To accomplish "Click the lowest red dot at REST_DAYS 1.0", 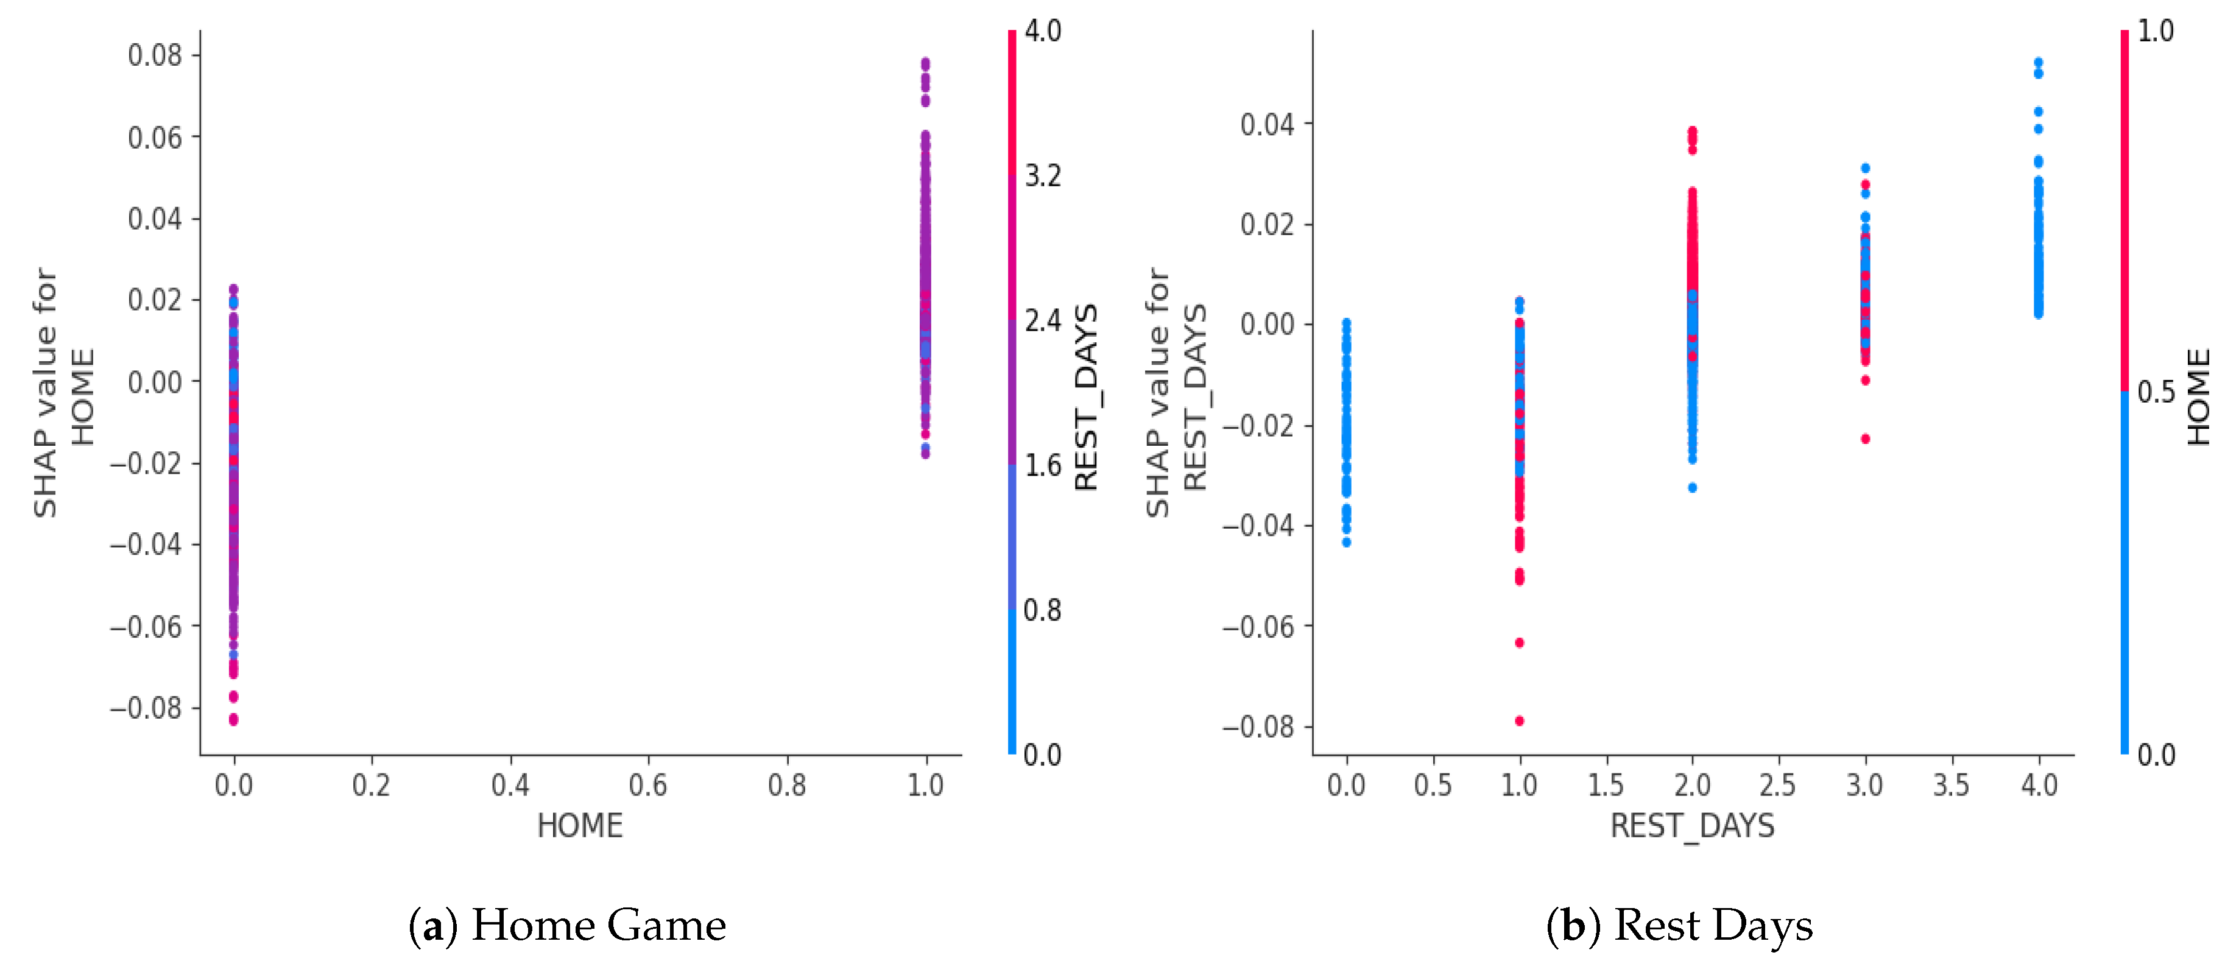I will [x=1519, y=720].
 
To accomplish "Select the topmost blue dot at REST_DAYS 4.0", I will [x=2039, y=62].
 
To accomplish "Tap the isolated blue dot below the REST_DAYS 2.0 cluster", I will [x=1692, y=487].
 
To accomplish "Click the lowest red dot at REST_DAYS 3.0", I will [x=1866, y=439].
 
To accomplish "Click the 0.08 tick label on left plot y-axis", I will [x=155, y=55].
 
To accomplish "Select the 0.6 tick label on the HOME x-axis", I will [x=648, y=785].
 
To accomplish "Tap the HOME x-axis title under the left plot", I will [x=580, y=826].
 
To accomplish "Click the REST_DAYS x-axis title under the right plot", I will [x=1692, y=826].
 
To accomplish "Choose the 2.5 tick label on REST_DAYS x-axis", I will [x=1777, y=785].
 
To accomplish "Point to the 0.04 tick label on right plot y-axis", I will [x=1267, y=124].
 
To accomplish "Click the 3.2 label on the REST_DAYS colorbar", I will [x=1043, y=176].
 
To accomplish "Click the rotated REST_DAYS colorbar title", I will [x=1086, y=397].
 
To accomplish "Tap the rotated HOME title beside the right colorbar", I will [x=2199, y=396].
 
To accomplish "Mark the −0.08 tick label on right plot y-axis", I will [x=1258, y=727].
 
